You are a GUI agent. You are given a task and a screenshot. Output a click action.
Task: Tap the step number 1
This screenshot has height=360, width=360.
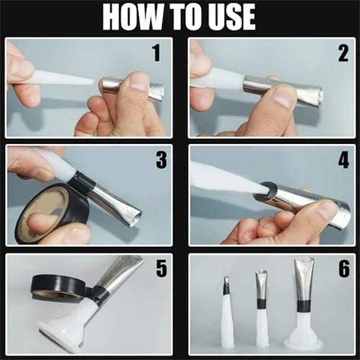pos(156,53)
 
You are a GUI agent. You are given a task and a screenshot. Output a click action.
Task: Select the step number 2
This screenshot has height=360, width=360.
pos(343,53)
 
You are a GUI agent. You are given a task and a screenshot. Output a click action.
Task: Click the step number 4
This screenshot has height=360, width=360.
pos(344,159)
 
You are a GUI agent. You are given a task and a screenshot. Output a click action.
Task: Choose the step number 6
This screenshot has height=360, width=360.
pos(344,269)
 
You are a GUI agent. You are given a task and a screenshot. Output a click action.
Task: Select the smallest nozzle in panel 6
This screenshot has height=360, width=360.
pos(227,315)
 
